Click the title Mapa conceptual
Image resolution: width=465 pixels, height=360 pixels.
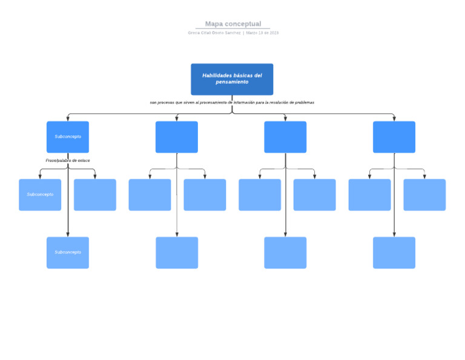(233, 24)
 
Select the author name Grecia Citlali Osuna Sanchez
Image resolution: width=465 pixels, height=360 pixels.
(214, 33)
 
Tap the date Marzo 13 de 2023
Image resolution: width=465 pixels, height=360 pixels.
(262, 33)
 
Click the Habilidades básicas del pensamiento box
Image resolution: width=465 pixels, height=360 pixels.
(232, 79)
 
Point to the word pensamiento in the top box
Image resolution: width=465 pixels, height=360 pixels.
(232, 82)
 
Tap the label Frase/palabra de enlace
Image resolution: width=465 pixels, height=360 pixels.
(68, 161)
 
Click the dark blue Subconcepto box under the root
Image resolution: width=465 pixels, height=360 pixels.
(68, 137)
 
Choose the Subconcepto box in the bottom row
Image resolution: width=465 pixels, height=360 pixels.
(68, 253)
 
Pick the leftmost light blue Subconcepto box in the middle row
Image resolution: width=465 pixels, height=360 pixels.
(40, 195)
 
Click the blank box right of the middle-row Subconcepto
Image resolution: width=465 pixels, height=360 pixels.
(95, 195)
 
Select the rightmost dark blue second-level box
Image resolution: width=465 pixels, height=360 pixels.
(394, 137)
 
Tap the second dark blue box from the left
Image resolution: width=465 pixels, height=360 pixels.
(177, 137)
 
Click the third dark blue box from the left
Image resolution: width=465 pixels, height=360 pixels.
(285, 137)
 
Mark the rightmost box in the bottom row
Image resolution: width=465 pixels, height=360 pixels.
(394, 253)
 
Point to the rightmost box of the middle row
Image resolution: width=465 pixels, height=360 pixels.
(424, 195)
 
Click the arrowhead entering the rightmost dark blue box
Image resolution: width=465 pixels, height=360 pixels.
(394, 119)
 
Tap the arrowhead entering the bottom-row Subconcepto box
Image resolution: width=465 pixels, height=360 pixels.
(68, 235)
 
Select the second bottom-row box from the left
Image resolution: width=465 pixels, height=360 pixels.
(177, 253)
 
